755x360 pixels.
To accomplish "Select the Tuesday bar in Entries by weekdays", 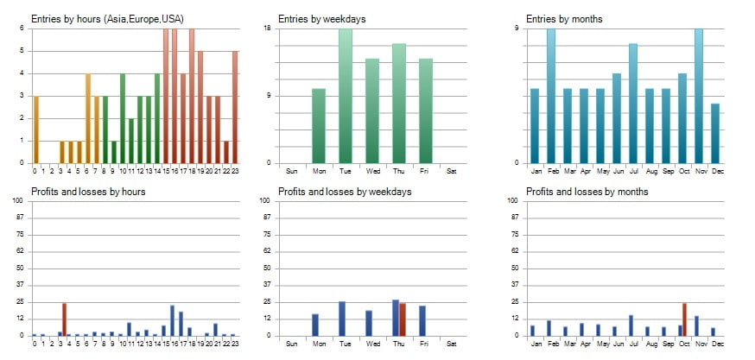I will coord(346,96).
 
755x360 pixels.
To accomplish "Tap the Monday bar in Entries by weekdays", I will coord(319,125).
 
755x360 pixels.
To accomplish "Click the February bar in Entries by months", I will coord(551,96).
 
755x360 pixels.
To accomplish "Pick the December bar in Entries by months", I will coord(714,133).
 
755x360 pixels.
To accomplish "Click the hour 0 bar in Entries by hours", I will coord(35,129).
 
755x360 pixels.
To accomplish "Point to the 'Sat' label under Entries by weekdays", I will coord(452,170).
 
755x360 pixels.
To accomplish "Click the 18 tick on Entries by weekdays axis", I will coord(268,28).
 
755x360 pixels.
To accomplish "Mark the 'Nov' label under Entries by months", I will coord(698,170).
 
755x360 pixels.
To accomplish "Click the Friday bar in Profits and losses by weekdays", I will coord(422,320).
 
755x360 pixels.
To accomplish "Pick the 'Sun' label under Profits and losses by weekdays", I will coord(291,343).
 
